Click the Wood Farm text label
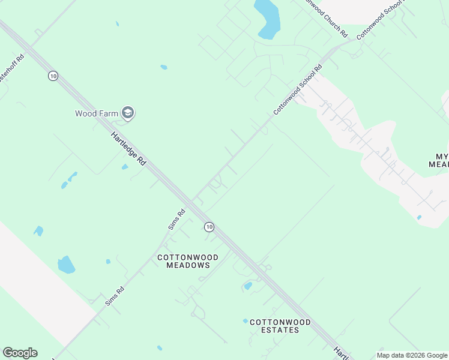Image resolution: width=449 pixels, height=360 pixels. pyautogui.click(x=97, y=113)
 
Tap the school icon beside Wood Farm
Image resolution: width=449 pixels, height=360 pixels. pyautogui.click(x=127, y=113)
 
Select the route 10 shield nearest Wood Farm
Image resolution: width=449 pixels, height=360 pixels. pyautogui.click(x=53, y=76)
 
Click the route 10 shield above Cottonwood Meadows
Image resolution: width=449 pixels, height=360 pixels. pyautogui.click(x=208, y=227)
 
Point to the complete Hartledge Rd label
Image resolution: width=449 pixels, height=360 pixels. pyautogui.click(x=128, y=149)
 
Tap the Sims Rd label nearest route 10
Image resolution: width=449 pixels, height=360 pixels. pyautogui.click(x=176, y=219)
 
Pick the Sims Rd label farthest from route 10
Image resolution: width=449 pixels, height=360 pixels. pyautogui.click(x=114, y=296)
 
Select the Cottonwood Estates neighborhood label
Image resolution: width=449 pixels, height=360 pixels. pyautogui.click(x=280, y=326)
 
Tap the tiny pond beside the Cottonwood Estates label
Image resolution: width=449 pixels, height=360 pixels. pyautogui.click(x=245, y=322)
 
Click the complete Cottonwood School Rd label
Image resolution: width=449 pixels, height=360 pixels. pyautogui.click(x=298, y=89)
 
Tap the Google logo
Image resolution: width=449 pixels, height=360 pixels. pyautogui.click(x=20, y=353)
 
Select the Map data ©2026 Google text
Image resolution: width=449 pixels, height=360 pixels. pyautogui.click(x=412, y=355)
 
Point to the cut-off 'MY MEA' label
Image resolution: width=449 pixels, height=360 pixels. pyautogui.click(x=439, y=160)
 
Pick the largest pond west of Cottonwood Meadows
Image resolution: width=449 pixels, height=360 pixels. pyautogui.click(x=66, y=264)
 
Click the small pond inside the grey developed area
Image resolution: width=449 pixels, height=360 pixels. pyautogui.click(x=418, y=217)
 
